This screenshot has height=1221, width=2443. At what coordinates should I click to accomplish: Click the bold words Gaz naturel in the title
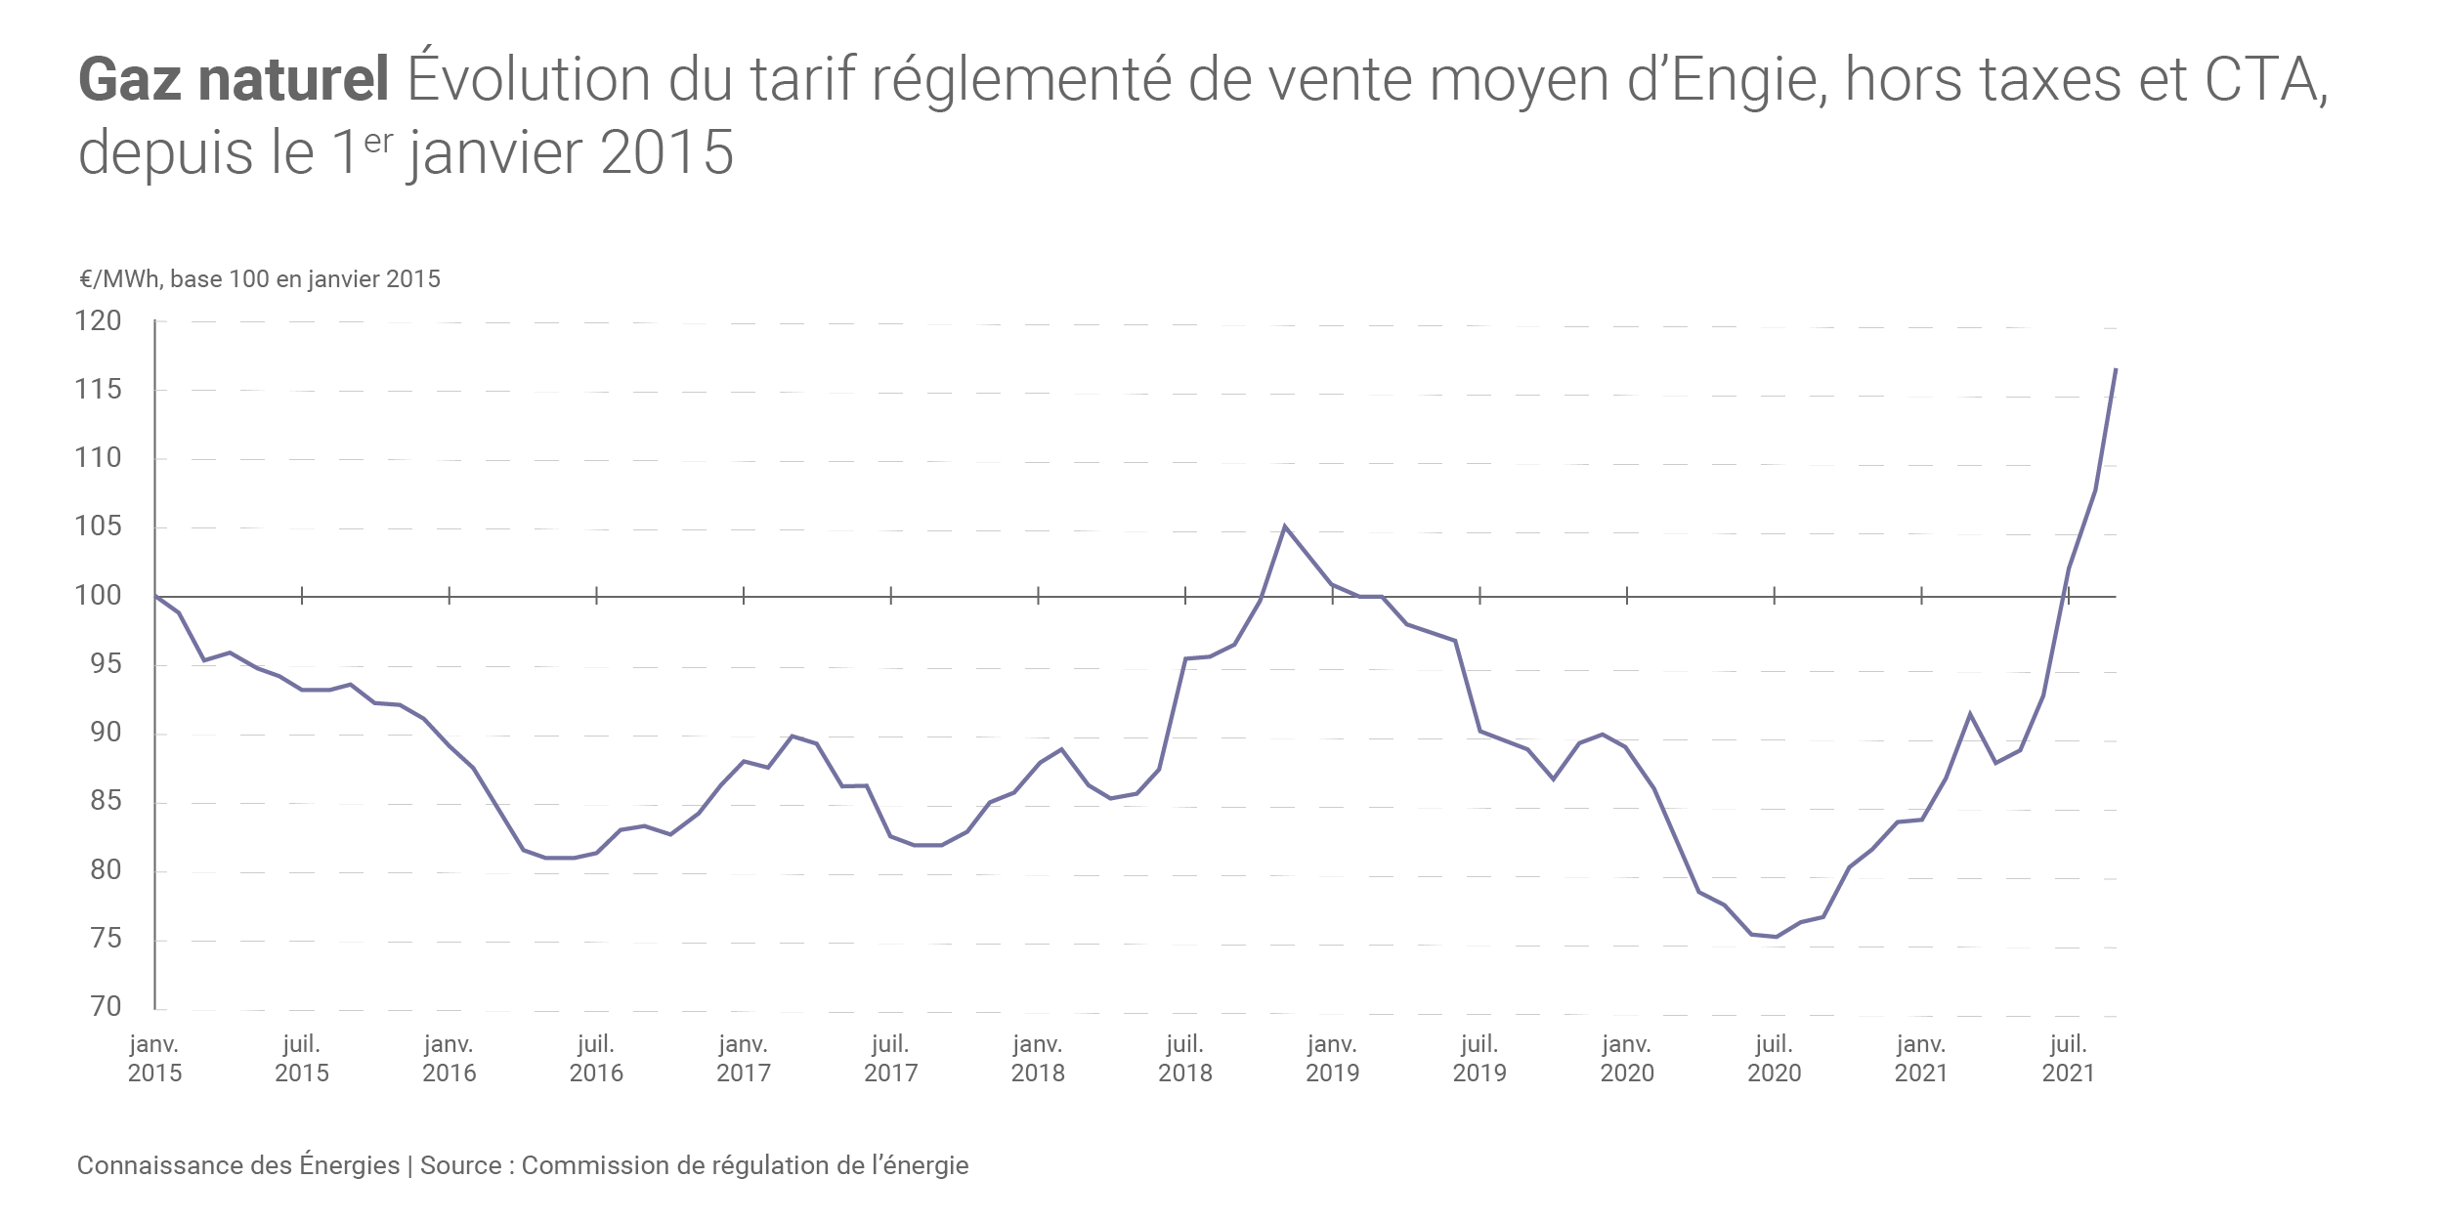234,80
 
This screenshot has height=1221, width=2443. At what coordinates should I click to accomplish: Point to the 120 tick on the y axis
99,321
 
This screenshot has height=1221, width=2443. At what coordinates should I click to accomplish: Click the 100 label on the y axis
99,596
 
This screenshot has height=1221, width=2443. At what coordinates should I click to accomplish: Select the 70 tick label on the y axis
106,1007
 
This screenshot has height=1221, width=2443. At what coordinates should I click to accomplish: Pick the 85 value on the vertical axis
106,802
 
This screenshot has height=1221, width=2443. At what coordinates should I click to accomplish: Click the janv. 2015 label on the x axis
154,1059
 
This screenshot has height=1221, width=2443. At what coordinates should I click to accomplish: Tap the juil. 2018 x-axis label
1185,1059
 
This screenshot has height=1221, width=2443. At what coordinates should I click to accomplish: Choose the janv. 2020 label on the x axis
1627,1059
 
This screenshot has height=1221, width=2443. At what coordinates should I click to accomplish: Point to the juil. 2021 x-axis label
2068,1059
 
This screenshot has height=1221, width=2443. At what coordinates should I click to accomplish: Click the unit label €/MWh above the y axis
119,279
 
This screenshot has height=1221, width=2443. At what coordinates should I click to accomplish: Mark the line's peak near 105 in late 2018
1285,526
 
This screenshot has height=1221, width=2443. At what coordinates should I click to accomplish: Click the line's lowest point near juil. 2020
1776,937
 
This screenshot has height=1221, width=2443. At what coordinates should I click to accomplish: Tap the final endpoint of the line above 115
2116,369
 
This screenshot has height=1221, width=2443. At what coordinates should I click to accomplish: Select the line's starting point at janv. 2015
155,596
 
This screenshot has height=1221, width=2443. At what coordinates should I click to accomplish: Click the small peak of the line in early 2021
1970,714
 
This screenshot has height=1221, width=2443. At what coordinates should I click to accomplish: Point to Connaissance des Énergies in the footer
238,1165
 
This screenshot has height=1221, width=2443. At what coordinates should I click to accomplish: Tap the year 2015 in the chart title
666,153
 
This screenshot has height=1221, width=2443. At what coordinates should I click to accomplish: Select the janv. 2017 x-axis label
744,1059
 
